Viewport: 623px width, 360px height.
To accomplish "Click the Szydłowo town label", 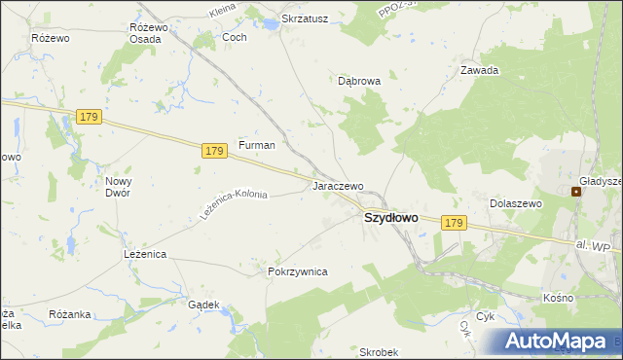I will coord(390,218).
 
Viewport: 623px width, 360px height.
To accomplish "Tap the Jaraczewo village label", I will coord(338,185).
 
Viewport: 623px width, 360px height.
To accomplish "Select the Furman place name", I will coord(257,145).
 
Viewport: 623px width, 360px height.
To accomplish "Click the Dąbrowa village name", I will coord(359,82).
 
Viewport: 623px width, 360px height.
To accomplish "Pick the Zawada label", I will coord(480,70).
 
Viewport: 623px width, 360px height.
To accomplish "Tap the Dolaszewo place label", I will coord(514,203).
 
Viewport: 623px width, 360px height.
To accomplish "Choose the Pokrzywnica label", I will coord(297,271).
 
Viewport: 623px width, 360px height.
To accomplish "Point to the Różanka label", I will coord(69,314).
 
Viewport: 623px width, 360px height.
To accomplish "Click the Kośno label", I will coord(559,297).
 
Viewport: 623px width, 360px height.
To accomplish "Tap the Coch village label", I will coord(235,37).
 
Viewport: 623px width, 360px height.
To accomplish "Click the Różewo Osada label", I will coord(148,32).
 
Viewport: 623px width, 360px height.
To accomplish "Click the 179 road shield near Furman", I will coord(215,151).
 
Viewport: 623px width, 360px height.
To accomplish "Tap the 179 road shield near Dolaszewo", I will coord(453,223).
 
